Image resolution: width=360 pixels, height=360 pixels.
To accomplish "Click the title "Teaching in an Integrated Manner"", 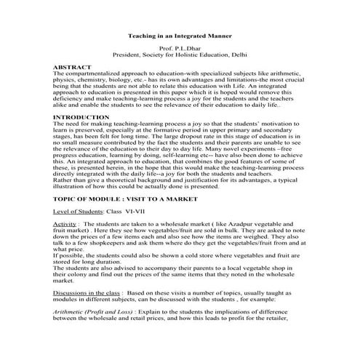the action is pyautogui.click(x=179, y=34).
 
